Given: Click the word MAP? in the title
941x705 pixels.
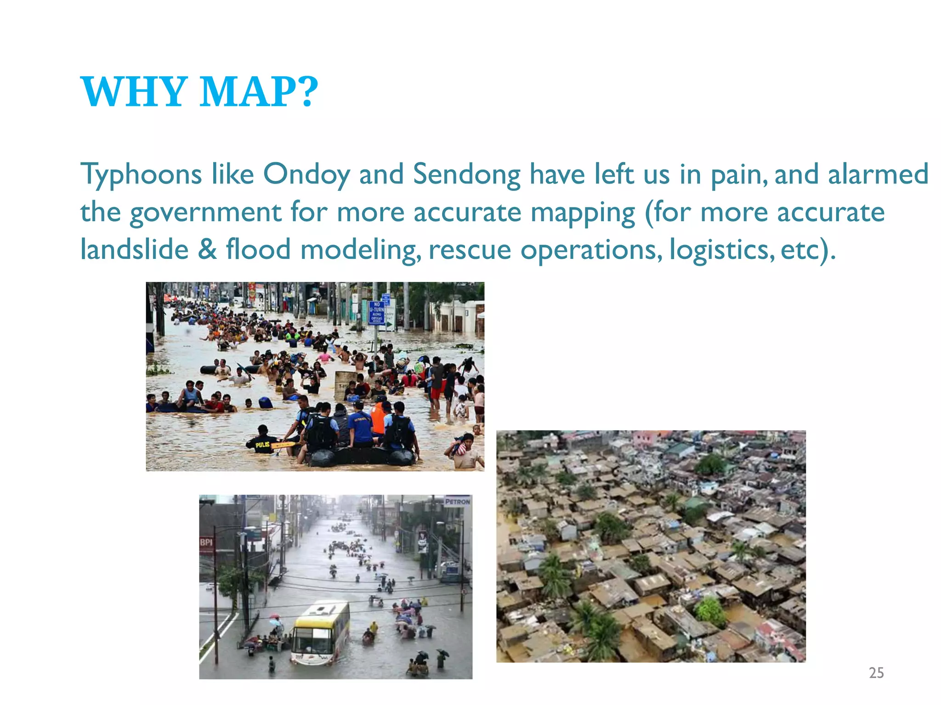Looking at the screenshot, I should (259, 92).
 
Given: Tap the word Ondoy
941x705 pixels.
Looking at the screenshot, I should (306, 175).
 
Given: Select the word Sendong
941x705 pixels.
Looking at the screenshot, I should (466, 175).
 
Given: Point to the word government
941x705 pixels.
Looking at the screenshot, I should (205, 213).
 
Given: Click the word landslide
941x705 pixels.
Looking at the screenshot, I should (134, 250).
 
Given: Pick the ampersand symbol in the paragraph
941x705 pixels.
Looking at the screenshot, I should (207, 250).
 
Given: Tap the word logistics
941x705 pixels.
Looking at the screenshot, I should (722, 250).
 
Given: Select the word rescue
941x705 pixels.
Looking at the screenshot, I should (470, 250).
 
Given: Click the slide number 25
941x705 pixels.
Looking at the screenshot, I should (876, 673).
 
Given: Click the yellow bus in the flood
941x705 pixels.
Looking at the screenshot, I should (320, 632).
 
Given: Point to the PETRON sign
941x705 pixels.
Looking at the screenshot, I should (457, 502).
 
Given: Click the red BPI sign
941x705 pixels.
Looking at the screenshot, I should (206, 543).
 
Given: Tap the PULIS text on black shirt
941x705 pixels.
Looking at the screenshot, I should (262, 444).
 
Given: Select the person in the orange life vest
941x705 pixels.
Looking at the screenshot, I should (379, 418).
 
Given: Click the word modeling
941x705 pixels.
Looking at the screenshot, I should (361, 250).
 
